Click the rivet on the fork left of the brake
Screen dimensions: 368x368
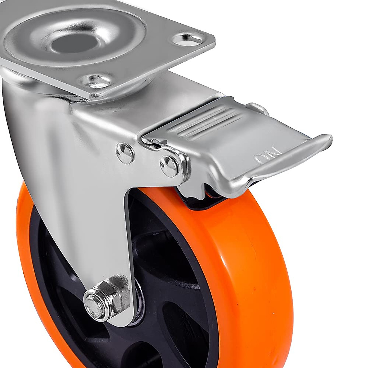click(125, 153)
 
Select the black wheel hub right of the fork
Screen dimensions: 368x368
click(172, 276)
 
